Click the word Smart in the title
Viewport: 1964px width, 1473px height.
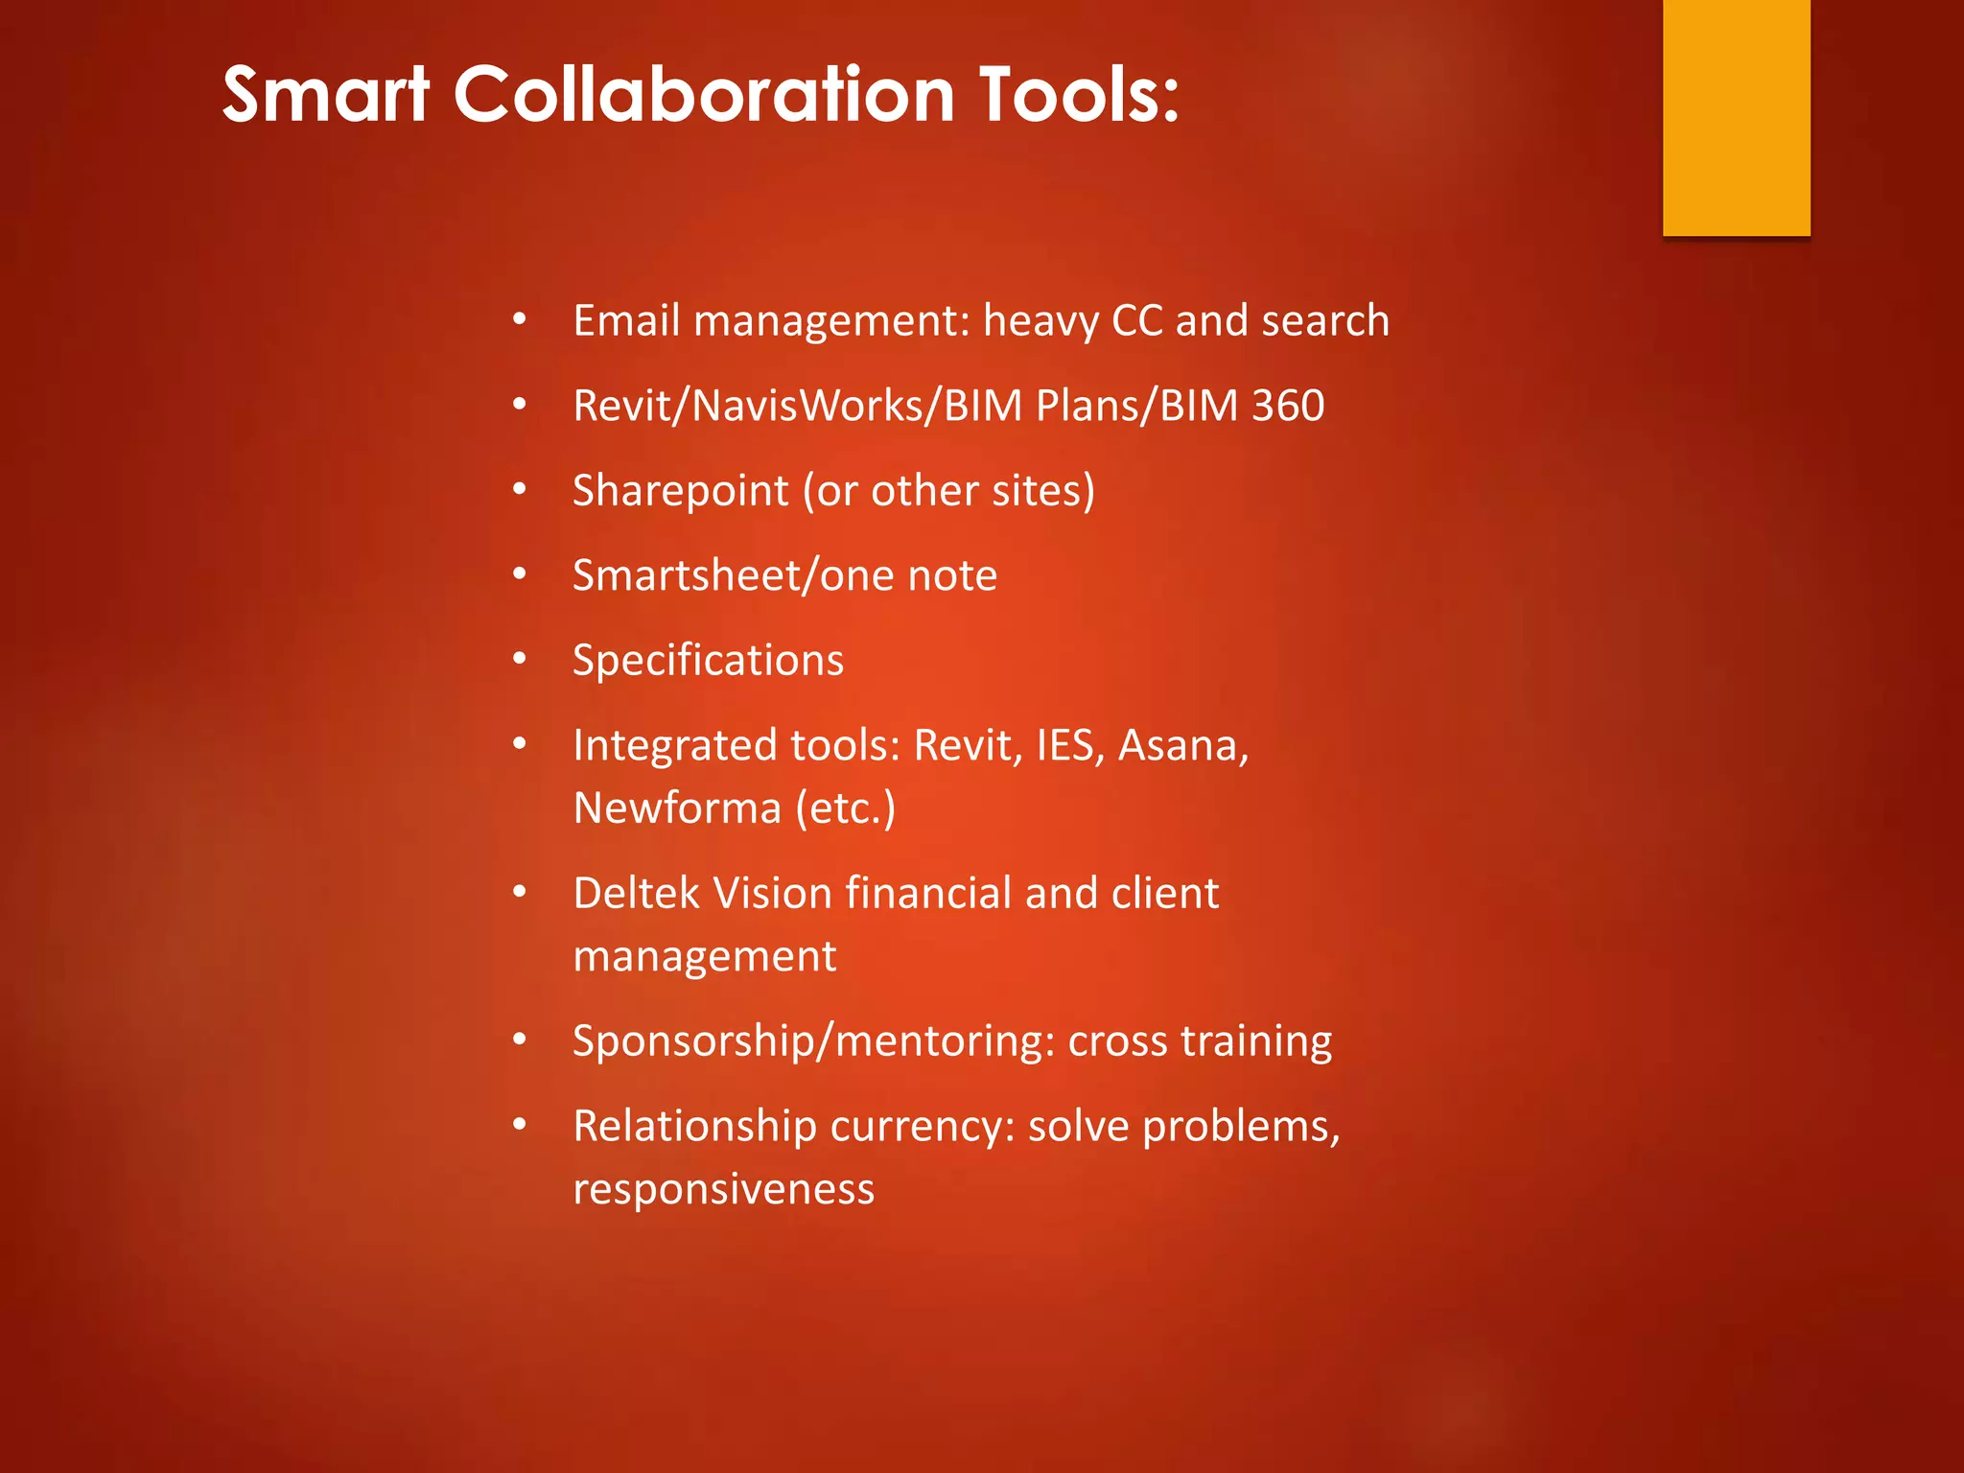click(x=325, y=95)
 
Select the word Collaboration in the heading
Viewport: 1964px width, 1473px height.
click(x=704, y=95)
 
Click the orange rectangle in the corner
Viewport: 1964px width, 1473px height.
click(x=1736, y=117)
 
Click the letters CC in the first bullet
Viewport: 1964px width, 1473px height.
click(x=1137, y=320)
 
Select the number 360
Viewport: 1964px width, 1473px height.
click(x=1288, y=406)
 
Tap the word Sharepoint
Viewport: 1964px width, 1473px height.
click(x=681, y=491)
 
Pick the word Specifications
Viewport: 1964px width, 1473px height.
click(x=708, y=661)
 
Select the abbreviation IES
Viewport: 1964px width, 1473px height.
click(x=1065, y=745)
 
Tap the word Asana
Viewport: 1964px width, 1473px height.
click(x=1183, y=745)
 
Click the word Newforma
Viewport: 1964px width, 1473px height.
click(x=677, y=808)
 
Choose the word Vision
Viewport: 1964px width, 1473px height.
click(x=772, y=893)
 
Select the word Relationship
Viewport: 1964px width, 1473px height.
click(x=693, y=1127)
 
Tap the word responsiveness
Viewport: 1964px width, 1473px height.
click(x=723, y=1189)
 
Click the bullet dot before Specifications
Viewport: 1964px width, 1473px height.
click(x=520, y=659)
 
